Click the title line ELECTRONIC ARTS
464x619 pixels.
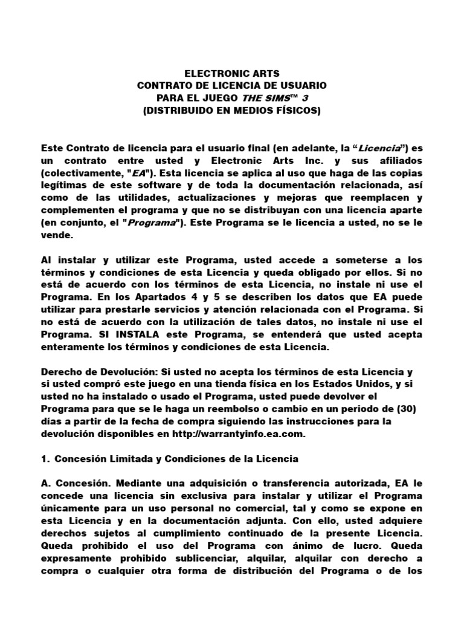tap(232, 73)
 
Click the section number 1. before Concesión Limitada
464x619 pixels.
tap(45, 458)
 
